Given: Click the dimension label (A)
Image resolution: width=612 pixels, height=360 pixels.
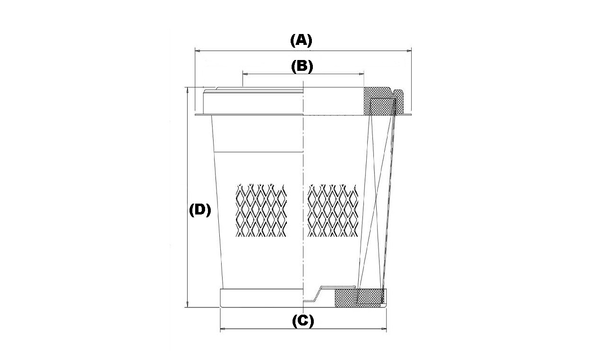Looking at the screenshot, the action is tap(301, 41).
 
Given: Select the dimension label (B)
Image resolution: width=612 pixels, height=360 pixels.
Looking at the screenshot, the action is tap(302, 67).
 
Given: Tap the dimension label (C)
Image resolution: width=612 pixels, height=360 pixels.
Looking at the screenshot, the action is tap(303, 321).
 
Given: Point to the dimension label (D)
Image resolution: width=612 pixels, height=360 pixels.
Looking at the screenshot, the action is tap(200, 210).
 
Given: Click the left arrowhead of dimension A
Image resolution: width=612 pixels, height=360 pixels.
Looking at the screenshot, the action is tap(197, 51).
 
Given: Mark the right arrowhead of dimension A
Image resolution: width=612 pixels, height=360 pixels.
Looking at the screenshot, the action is tap(409, 51).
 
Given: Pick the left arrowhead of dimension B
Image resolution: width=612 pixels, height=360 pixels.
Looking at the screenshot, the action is tap(245, 74).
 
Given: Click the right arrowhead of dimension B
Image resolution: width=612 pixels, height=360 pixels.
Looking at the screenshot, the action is tap(362, 74).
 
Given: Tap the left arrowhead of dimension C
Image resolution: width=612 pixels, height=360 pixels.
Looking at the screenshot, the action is tap(223, 329).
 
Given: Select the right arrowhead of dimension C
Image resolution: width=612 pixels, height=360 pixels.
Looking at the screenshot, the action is tap(384, 329).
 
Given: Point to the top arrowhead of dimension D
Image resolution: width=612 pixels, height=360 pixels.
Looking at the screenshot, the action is tap(188, 90).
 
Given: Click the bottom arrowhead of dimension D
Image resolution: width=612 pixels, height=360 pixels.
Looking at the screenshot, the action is tap(188, 305).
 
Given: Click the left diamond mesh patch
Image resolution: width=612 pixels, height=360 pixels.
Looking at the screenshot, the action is tap(261, 210).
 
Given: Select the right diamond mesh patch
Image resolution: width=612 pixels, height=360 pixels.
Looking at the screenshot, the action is tap(333, 210).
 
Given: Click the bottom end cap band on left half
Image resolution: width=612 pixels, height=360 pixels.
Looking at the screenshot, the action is tap(262, 298).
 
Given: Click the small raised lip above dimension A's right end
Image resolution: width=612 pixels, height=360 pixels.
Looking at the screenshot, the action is tap(399, 102).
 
